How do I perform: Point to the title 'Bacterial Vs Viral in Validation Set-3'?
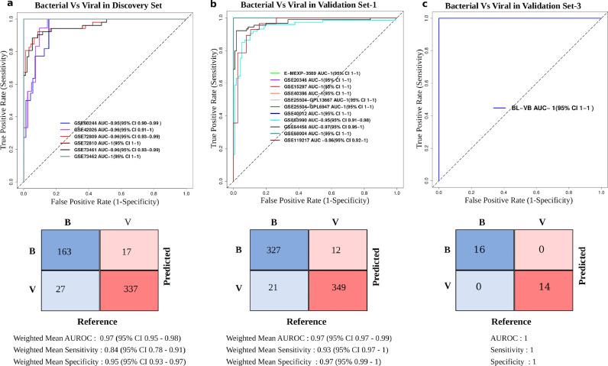pyautogui.click(x=509, y=7)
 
